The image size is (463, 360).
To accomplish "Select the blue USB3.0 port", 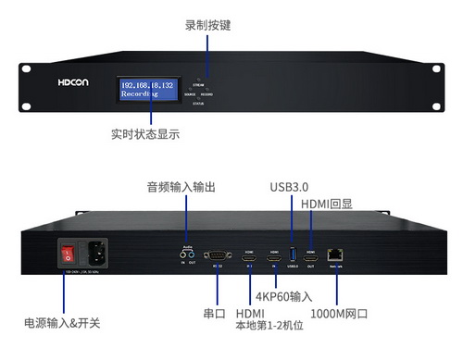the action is pos(293,256).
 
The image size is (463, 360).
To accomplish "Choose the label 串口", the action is pos(214,314).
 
